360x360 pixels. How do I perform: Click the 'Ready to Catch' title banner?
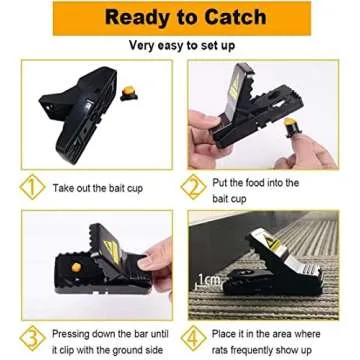point(180,18)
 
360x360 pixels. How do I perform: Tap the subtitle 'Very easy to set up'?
point(180,46)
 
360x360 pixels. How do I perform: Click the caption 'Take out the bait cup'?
point(103,188)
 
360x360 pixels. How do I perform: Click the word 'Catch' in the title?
point(239,18)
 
